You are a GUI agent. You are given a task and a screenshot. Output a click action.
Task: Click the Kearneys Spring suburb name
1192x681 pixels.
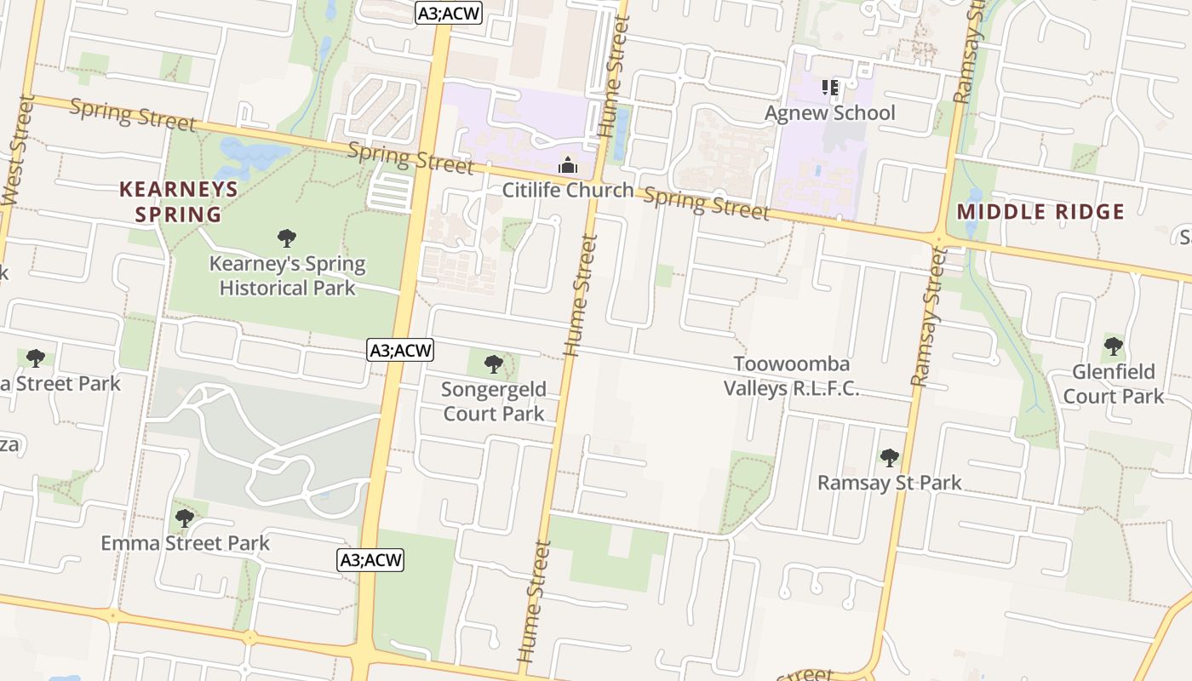pyautogui.click(x=179, y=201)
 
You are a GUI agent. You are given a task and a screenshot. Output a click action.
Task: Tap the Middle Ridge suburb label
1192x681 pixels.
pyautogui.click(x=1040, y=212)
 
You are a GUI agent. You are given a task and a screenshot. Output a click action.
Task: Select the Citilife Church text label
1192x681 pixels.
pyautogui.click(x=568, y=190)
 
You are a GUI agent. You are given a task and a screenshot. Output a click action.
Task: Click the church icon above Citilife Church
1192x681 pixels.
pyautogui.click(x=568, y=165)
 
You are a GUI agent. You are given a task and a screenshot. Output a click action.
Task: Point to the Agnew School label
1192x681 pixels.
pyautogui.click(x=829, y=113)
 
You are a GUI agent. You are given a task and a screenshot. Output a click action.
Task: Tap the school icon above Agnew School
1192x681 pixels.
pyautogui.click(x=830, y=88)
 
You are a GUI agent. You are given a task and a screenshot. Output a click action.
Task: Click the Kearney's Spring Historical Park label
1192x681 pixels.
pyautogui.click(x=287, y=276)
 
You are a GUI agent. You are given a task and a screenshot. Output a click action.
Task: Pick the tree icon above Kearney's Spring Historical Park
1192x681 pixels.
pyautogui.click(x=287, y=238)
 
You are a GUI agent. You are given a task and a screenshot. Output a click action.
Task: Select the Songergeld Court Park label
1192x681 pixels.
pyautogui.click(x=494, y=402)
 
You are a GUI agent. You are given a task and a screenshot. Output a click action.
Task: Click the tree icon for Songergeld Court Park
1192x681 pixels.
pyautogui.click(x=494, y=365)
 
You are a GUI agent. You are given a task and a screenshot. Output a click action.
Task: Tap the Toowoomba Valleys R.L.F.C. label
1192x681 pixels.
pyautogui.click(x=791, y=376)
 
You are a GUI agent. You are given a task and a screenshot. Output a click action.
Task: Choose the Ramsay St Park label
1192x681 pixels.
pyautogui.click(x=889, y=483)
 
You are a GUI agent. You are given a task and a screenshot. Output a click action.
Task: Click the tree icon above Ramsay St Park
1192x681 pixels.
pyautogui.click(x=889, y=458)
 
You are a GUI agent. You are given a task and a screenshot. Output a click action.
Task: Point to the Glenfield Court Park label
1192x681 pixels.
pyautogui.click(x=1113, y=384)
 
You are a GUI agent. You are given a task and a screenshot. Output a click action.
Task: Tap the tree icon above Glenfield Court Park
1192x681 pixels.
pyautogui.click(x=1113, y=346)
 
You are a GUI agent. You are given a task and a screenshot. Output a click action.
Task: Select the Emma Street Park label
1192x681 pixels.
pyautogui.click(x=185, y=543)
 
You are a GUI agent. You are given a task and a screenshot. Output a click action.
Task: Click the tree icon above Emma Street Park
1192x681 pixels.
pyautogui.click(x=185, y=518)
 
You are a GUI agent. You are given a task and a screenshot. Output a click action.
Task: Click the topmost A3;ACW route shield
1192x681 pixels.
pyautogui.click(x=450, y=13)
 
